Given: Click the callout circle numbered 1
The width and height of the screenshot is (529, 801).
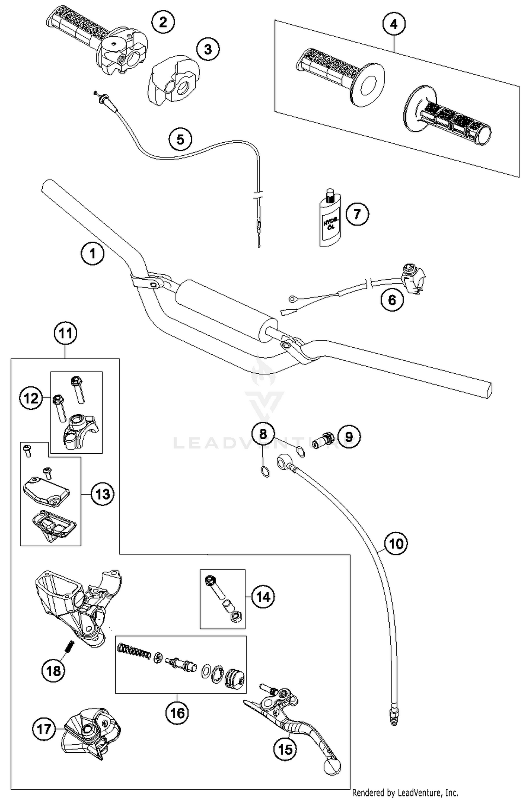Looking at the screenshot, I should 93,253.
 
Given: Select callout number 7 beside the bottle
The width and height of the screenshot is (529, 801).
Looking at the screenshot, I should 357,214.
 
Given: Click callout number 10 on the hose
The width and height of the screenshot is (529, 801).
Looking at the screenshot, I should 396,544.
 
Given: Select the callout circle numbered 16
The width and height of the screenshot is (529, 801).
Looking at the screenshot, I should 177,713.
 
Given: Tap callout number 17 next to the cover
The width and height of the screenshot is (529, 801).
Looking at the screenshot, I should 44,729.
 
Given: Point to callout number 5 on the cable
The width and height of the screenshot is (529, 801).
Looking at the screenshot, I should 180,139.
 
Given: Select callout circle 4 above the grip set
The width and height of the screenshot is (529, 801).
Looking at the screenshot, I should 394,24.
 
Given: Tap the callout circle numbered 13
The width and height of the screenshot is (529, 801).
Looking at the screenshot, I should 103,494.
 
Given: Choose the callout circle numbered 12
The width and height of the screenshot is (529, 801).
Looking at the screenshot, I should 31,398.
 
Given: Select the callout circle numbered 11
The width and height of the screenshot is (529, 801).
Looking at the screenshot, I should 66,333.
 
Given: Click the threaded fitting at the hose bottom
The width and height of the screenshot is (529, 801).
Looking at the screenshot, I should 394,715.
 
